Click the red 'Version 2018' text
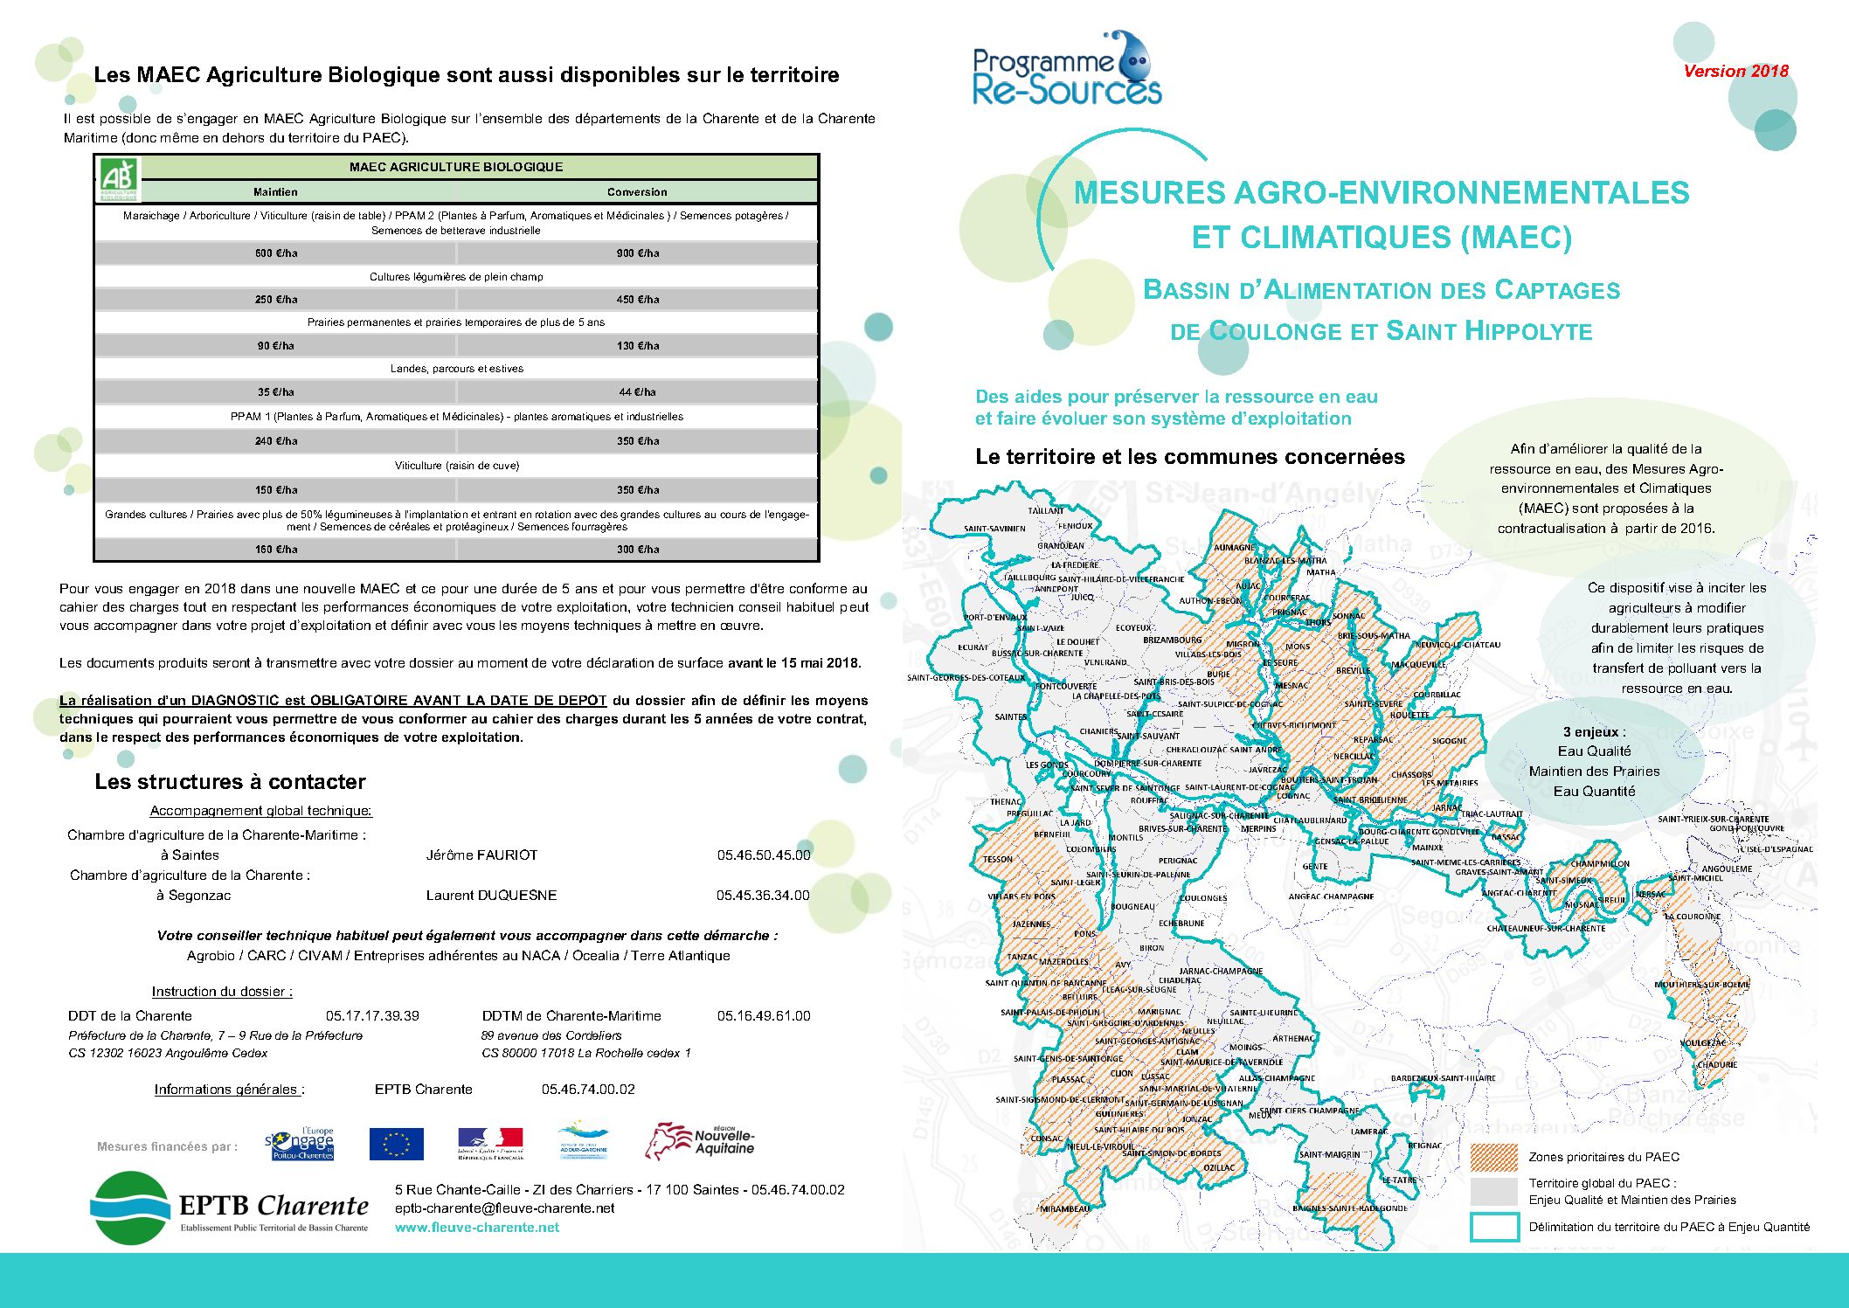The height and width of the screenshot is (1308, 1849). [1735, 72]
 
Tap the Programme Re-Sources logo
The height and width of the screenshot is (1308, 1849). [1067, 70]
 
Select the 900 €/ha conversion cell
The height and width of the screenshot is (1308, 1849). [638, 253]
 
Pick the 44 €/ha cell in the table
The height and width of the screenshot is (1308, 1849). [637, 392]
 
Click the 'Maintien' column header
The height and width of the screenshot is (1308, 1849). [275, 192]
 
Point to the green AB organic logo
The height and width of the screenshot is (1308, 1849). [118, 178]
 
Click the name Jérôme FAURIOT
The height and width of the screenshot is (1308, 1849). [481, 855]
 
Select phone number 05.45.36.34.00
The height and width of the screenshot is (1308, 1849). [763, 896]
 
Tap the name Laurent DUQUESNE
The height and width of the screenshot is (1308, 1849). [491, 896]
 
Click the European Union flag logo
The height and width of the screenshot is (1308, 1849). [396, 1144]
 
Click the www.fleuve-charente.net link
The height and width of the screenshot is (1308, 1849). [477, 1228]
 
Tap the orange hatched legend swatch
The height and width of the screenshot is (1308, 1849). [1494, 1157]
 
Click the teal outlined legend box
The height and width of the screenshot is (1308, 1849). [1494, 1227]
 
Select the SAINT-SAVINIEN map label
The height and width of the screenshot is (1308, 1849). [994, 529]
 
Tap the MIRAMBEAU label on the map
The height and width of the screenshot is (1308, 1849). [1064, 1209]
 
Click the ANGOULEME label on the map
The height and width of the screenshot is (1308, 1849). [1727, 869]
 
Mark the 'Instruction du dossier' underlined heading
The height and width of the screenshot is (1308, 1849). [222, 992]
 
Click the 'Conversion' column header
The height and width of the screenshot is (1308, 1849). [637, 192]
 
